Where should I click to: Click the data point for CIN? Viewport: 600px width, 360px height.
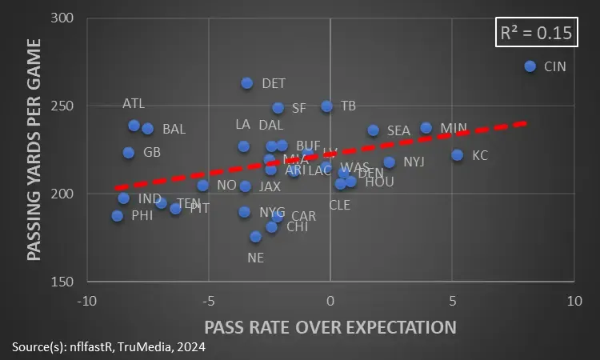pyautogui.click(x=530, y=66)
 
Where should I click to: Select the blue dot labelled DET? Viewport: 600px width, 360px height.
pyautogui.click(x=247, y=83)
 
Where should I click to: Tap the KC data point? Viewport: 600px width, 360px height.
pyautogui.click(x=458, y=155)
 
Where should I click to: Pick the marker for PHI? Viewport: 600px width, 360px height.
pyautogui.click(x=118, y=216)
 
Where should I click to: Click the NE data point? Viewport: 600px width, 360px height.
pyautogui.click(x=256, y=237)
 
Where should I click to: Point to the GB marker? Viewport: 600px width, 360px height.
pyautogui.click(x=129, y=153)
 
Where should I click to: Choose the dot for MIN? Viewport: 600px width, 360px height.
pyautogui.click(x=426, y=128)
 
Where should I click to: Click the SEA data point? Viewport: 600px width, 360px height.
pyautogui.click(x=374, y=130)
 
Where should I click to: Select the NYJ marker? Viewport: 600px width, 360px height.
pyautogui.click(x=390, y=162)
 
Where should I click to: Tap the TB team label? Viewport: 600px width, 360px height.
pyautogui.click(x=348, y=106)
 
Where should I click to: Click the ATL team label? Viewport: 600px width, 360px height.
pyautogui.click(x=134, y=104)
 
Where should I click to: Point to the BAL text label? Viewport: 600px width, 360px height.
pyautogui.click(x=174, y=129)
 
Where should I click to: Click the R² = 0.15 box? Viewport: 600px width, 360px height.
pyautogui.click(x=535, y=33)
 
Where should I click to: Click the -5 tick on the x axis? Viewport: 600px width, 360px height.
pyautogui.click(x=208, y=301)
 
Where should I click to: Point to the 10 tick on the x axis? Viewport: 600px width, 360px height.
pyautogui.click(x=573, y=301)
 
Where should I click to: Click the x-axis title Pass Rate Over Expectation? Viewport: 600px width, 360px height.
pyautogui.click(x=330, y=327)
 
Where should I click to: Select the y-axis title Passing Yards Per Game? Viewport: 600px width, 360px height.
pyautogui.click(x=34, y=150)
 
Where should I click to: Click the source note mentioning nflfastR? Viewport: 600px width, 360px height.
pyautogui.click(x=109, y=347)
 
